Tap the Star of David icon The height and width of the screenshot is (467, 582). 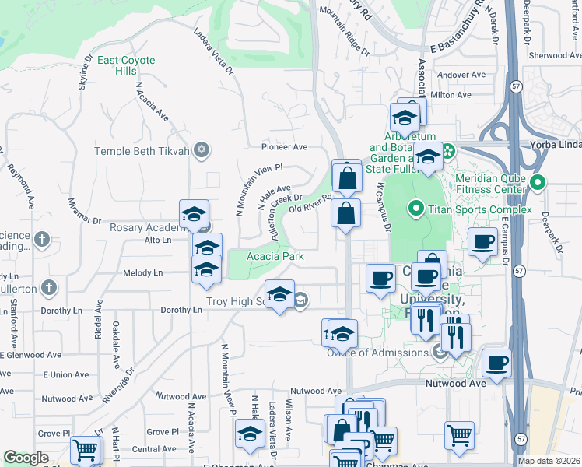click(x=202, y=149)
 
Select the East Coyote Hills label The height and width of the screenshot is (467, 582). click(x=127, y=65)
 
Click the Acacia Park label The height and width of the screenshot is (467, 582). click(x=275, y=256)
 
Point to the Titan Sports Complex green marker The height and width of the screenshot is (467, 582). click(x=415, y=209)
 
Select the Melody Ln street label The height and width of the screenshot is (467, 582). click(x=142, y=273)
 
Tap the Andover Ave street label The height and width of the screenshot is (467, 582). click(x=457, y=75)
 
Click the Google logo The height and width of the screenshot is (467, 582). click(x=26, y=458)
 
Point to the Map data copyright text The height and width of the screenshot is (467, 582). click(x=549, y=461)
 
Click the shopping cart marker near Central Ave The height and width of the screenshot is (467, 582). click(x=85, y=450)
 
